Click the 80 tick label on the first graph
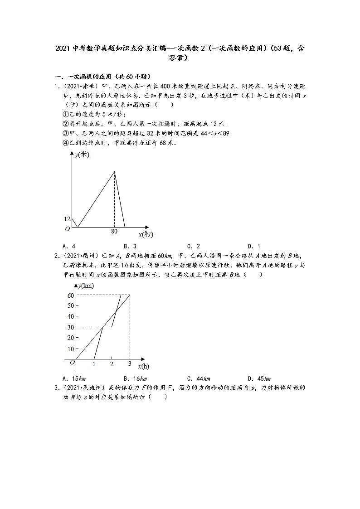(114, 231)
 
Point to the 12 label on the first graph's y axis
(67, 219)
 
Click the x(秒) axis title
(146, 234)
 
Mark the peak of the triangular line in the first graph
(114, 171)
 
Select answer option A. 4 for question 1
(69, 246)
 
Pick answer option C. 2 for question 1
(194, 246)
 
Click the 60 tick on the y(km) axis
(71, 295)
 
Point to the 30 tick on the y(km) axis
(71, 327)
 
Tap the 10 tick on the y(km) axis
(71, 349)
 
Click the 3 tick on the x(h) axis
(130, 364)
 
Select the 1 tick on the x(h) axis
(94, 364)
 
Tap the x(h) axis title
(143, 366)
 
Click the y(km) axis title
(86, 286)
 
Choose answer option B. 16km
(135, 378)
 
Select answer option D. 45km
(259, 378)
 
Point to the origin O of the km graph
(72, 362)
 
